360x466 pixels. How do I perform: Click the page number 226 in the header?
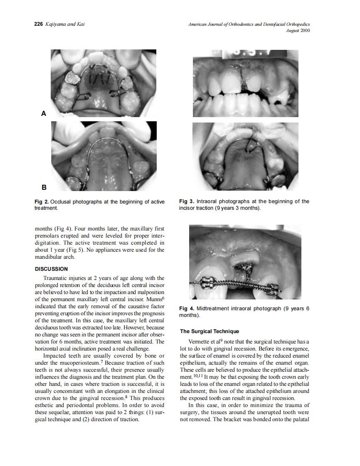pos(38,25)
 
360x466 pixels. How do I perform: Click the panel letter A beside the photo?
pos(43,113)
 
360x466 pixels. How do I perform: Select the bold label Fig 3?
pos(187,201)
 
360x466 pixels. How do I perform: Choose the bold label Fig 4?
pos(187,309)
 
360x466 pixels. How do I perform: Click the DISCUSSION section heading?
pos(51,269)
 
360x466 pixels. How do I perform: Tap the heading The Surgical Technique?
pos(210,331)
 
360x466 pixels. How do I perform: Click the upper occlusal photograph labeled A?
pos(104,83)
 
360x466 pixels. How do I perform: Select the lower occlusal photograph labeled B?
pos(104,156)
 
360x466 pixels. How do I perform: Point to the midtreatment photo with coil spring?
pos(239,262)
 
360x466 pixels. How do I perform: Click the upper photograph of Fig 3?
pos(245,83)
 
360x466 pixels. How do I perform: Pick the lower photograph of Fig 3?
pos(245,156)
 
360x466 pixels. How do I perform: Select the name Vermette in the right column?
pos(199,342)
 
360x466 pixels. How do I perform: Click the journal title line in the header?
pos(249,25)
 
